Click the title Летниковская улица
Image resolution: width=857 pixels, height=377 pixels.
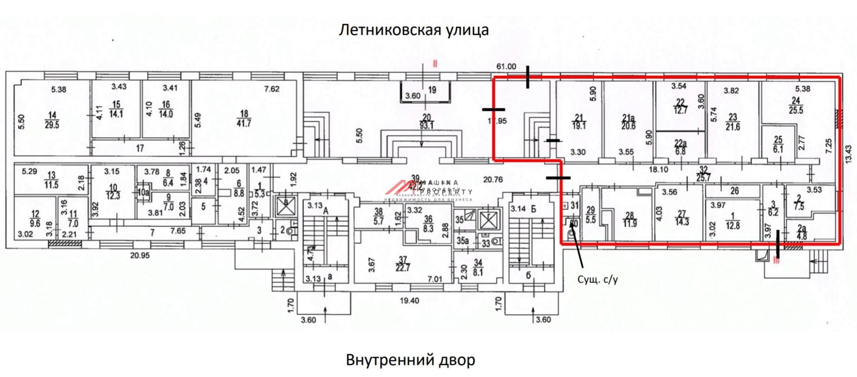tap(414, 30)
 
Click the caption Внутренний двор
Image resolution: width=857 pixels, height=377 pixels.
tap(410, 360)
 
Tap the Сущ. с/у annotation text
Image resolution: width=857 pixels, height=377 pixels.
tap(598, 280)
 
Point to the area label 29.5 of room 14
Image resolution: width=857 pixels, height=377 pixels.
tap(52, 125)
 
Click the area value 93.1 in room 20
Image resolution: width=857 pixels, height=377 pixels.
tap(427, 125)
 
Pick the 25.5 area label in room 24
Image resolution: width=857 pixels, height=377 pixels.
tap(796, 110)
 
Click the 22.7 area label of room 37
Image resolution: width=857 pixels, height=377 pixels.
tap(403, 268)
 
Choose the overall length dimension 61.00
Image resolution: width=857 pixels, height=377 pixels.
tap(506, 66)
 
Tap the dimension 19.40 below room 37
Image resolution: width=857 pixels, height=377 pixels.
tap(409, 301)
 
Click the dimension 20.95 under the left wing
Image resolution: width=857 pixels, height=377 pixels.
tap(140, 255)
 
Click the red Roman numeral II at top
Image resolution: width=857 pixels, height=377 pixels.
tap(435, 64)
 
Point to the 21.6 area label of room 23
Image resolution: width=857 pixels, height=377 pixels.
tap(733, 127)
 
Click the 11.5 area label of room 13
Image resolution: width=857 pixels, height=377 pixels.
tap(52, 185)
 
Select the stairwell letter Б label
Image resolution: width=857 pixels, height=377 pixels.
tap(533, 209)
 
